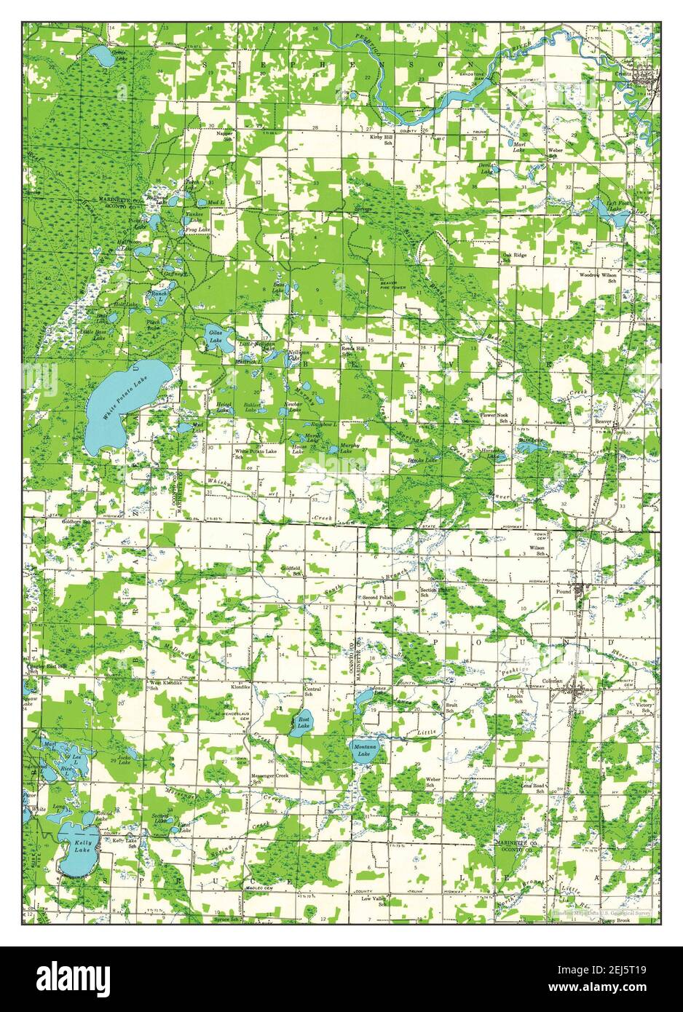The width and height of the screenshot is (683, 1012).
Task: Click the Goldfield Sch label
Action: [x=292, y=572]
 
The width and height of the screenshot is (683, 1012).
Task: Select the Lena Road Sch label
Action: [x=532, y=788]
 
